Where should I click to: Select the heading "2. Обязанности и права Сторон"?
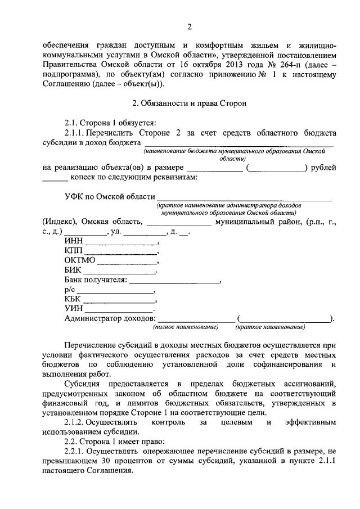click(190, 103)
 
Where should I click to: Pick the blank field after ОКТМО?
click(127, 263)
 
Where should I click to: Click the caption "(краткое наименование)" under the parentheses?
click(271, 327)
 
